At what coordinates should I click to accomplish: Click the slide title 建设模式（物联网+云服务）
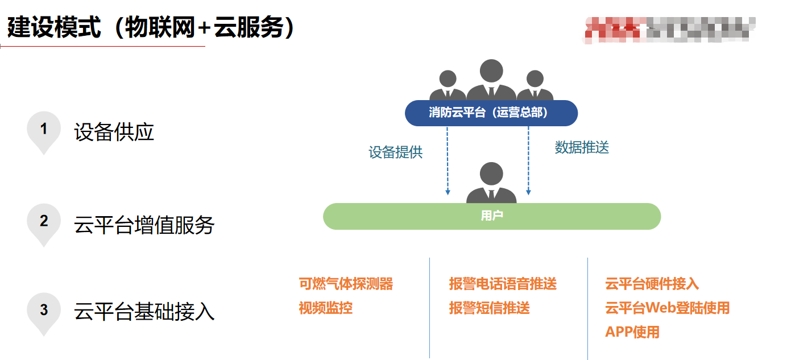click(151, 27)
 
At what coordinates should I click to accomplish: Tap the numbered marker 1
click(44, 130)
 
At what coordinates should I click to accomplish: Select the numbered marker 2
click(44, 221)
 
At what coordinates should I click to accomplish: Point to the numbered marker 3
click(44, 311)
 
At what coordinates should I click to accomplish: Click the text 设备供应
click(114, 133)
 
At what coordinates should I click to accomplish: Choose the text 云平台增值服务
click(144, 225)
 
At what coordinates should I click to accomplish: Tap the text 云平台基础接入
click(144, 311)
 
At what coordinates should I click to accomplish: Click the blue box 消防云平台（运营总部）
click(491, 113)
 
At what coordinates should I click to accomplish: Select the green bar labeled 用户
click(491, 216)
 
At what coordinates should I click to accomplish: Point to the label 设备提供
click(396, 152)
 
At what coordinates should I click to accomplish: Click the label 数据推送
click(582, 147)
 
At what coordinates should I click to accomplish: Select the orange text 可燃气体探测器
click(346, 284)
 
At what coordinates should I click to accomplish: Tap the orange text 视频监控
click(325, 308)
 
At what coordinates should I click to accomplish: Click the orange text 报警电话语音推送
click(503, 284)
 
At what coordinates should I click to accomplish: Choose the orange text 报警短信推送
click(489, 308)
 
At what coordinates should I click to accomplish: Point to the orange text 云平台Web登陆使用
click(667, 308)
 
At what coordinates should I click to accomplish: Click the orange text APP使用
click(632, 332)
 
